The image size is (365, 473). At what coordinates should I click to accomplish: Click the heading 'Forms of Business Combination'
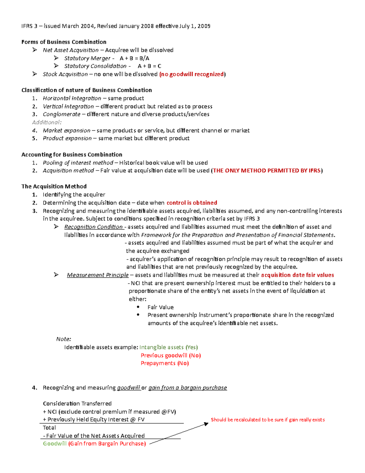tap(64, 42)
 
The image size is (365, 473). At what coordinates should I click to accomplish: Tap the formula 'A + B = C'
tap(149, 66)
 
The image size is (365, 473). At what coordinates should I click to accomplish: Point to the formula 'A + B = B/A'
tap(134, 58)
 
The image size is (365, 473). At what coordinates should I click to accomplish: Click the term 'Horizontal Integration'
tap(72, 98)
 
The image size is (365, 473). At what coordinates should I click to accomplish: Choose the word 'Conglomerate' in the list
tap(61, 114)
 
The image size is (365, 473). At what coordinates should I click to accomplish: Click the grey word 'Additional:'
tap(47, 122)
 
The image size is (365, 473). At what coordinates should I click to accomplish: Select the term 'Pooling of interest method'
tap(78, 163)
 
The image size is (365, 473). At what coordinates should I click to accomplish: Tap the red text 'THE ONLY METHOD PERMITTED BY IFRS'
tap(267, 171)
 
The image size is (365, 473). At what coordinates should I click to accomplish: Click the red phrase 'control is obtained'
tap(192, 203)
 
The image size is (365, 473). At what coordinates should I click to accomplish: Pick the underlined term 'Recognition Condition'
tap(93, 227)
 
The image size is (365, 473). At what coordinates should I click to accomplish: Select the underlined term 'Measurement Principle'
tap(98, 275)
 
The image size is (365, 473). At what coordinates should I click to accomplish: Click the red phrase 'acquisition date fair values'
tap(297, 275)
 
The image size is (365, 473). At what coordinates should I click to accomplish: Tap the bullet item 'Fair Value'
tap(161, 307)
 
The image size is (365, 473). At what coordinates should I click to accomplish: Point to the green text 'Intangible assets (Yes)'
tap(169, 347)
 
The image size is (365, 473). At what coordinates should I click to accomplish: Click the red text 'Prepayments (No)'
tap(165, 363)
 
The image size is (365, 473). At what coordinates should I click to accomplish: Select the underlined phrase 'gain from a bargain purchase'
tap(187, 388)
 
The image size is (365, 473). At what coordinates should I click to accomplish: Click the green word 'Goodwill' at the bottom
tap(55, 444)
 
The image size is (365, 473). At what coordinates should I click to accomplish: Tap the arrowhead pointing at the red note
tap(206, 424)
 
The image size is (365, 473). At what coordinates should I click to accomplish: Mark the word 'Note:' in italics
tap(64, 339)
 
